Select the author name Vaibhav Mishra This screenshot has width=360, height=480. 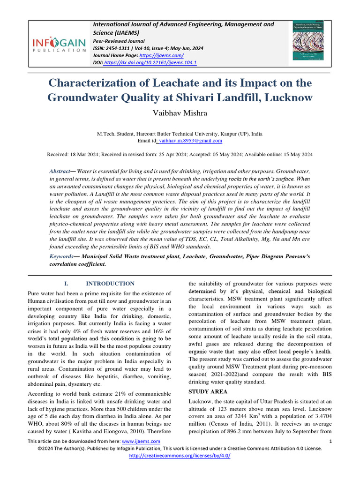[180, 114]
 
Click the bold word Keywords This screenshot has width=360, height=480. [61, 256]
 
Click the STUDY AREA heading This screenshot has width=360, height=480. [208, 391]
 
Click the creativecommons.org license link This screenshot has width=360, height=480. [180, 455]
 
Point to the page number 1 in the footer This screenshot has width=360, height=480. [330, 441]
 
